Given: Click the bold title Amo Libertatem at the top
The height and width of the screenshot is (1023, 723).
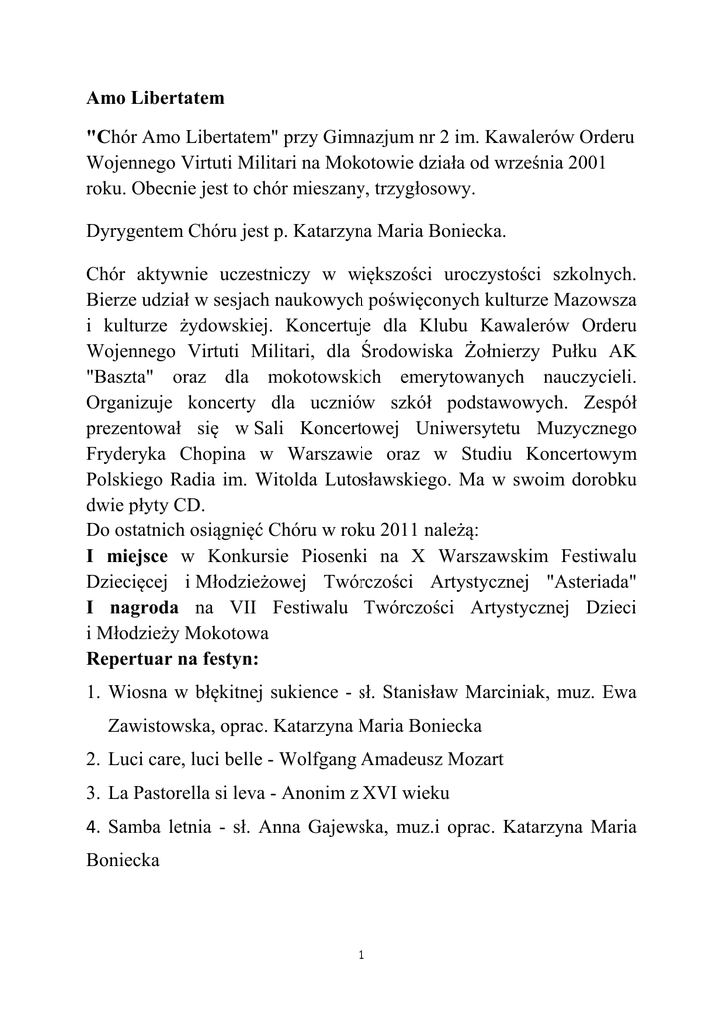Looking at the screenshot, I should click(x=155, y=99).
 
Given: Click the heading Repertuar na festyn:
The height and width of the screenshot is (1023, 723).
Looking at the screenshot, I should click(x=173, y=659).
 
